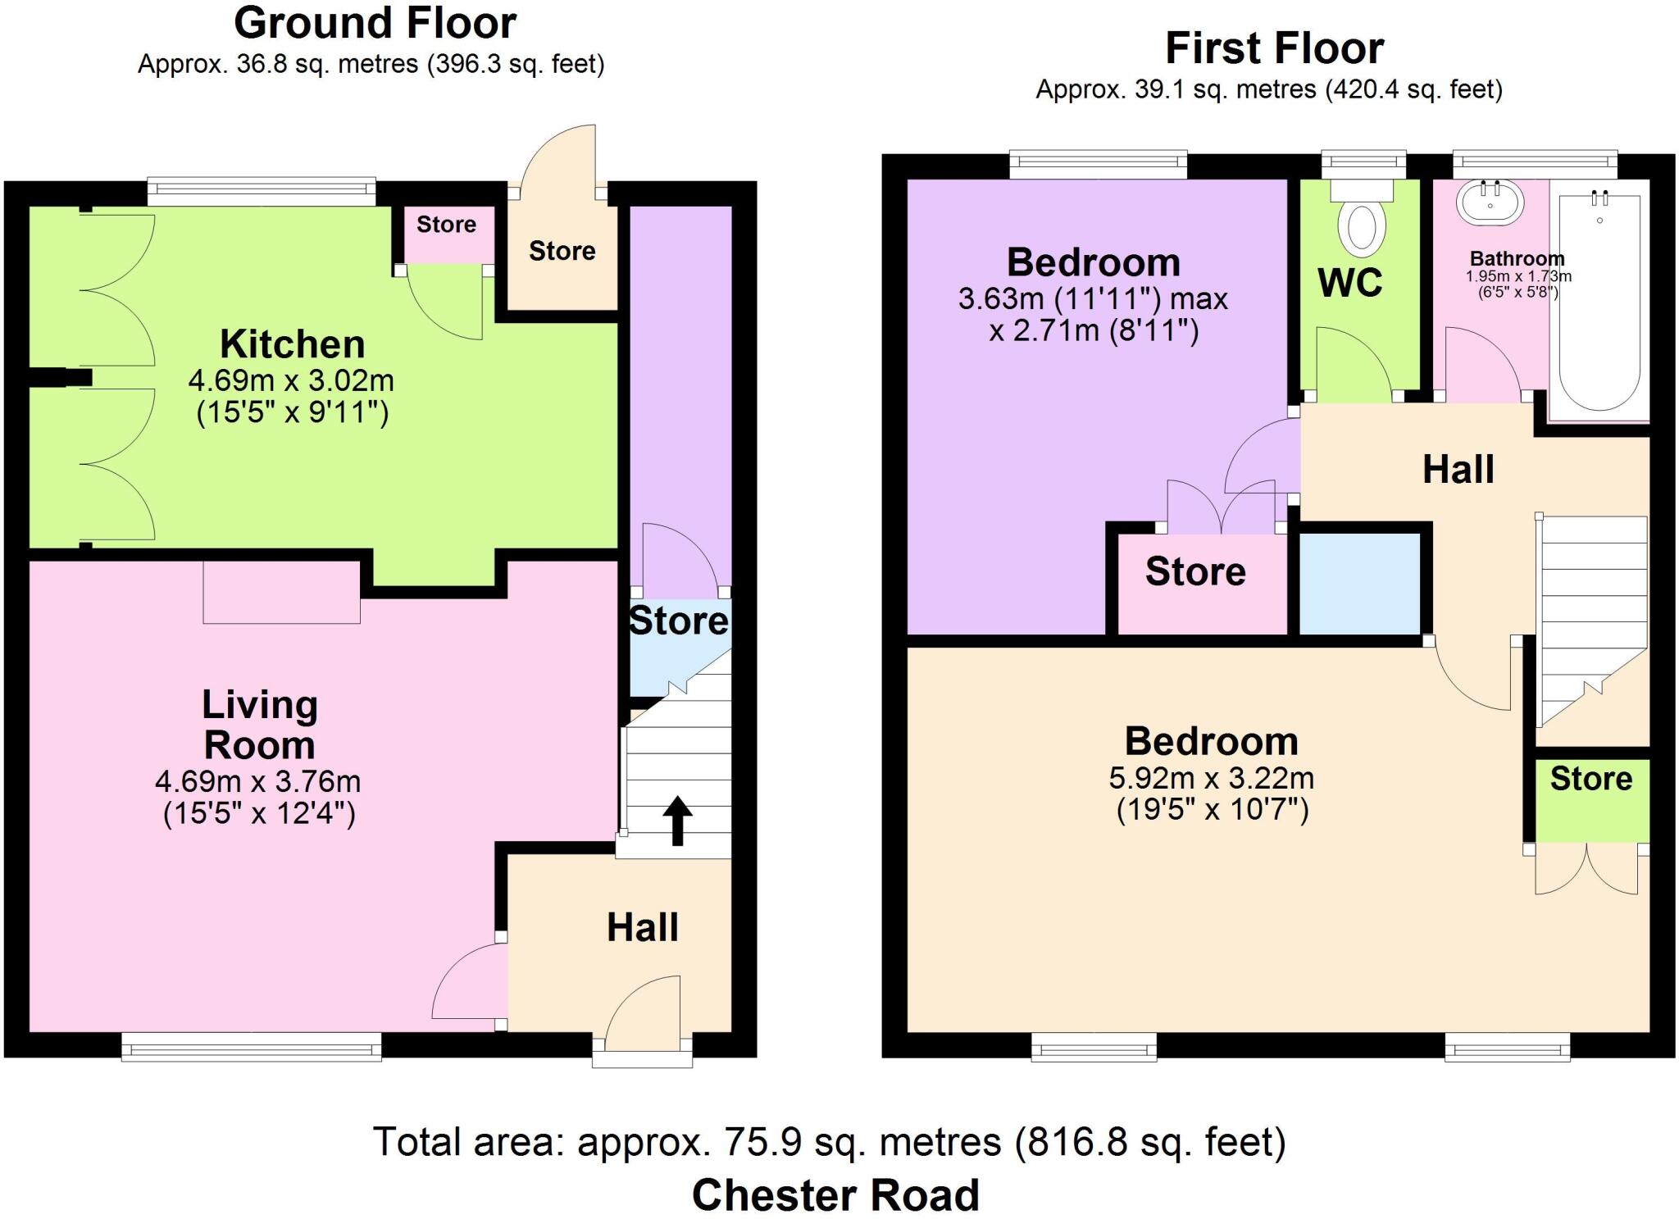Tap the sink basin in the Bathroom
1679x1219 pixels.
[1490, 201]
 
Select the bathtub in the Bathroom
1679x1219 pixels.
[1599, 299]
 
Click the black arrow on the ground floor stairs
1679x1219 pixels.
[677, 819]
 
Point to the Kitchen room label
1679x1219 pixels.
[292, 344]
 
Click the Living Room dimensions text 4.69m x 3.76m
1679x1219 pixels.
[258, 781]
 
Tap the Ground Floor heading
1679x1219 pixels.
[375, 23]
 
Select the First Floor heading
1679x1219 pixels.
[1274, 48]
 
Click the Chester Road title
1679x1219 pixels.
[835, 1194]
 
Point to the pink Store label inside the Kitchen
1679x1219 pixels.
[446, 225]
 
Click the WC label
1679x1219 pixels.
[1350, 283]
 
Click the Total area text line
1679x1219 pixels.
[829, 1141]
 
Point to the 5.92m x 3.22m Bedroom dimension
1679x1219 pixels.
[1211, 777]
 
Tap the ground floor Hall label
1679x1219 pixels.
[642, 927]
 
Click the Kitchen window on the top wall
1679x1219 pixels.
[262, 193]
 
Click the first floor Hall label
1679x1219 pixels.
[1458, 470]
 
